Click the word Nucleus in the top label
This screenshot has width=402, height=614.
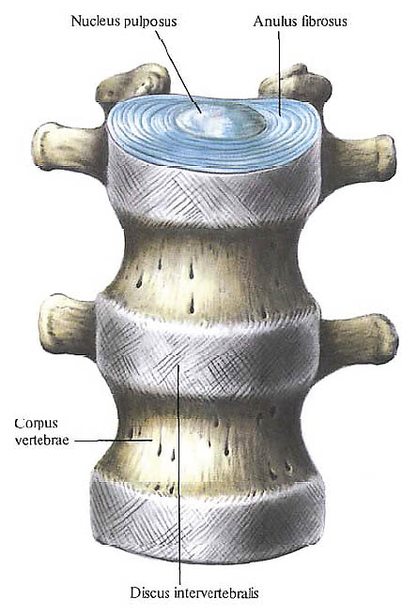point(96,21)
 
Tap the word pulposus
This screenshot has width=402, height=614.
point(150,22)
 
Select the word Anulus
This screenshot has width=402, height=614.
point(275,21)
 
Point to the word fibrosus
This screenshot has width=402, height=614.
point(324,21)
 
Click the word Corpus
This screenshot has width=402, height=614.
point(36,425)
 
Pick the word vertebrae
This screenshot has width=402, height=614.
point(41,440)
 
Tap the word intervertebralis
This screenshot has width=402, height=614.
point(214,592)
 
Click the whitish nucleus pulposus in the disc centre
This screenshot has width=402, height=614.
point(220,121)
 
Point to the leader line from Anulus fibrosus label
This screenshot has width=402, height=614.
point(279,74)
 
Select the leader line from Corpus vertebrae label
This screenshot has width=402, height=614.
point(113,441)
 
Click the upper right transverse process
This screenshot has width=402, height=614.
point(358,158)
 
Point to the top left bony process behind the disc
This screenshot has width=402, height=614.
point(133,85)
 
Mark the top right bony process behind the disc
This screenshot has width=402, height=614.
point(295,85)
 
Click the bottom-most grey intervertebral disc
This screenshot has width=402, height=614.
point(207,517)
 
